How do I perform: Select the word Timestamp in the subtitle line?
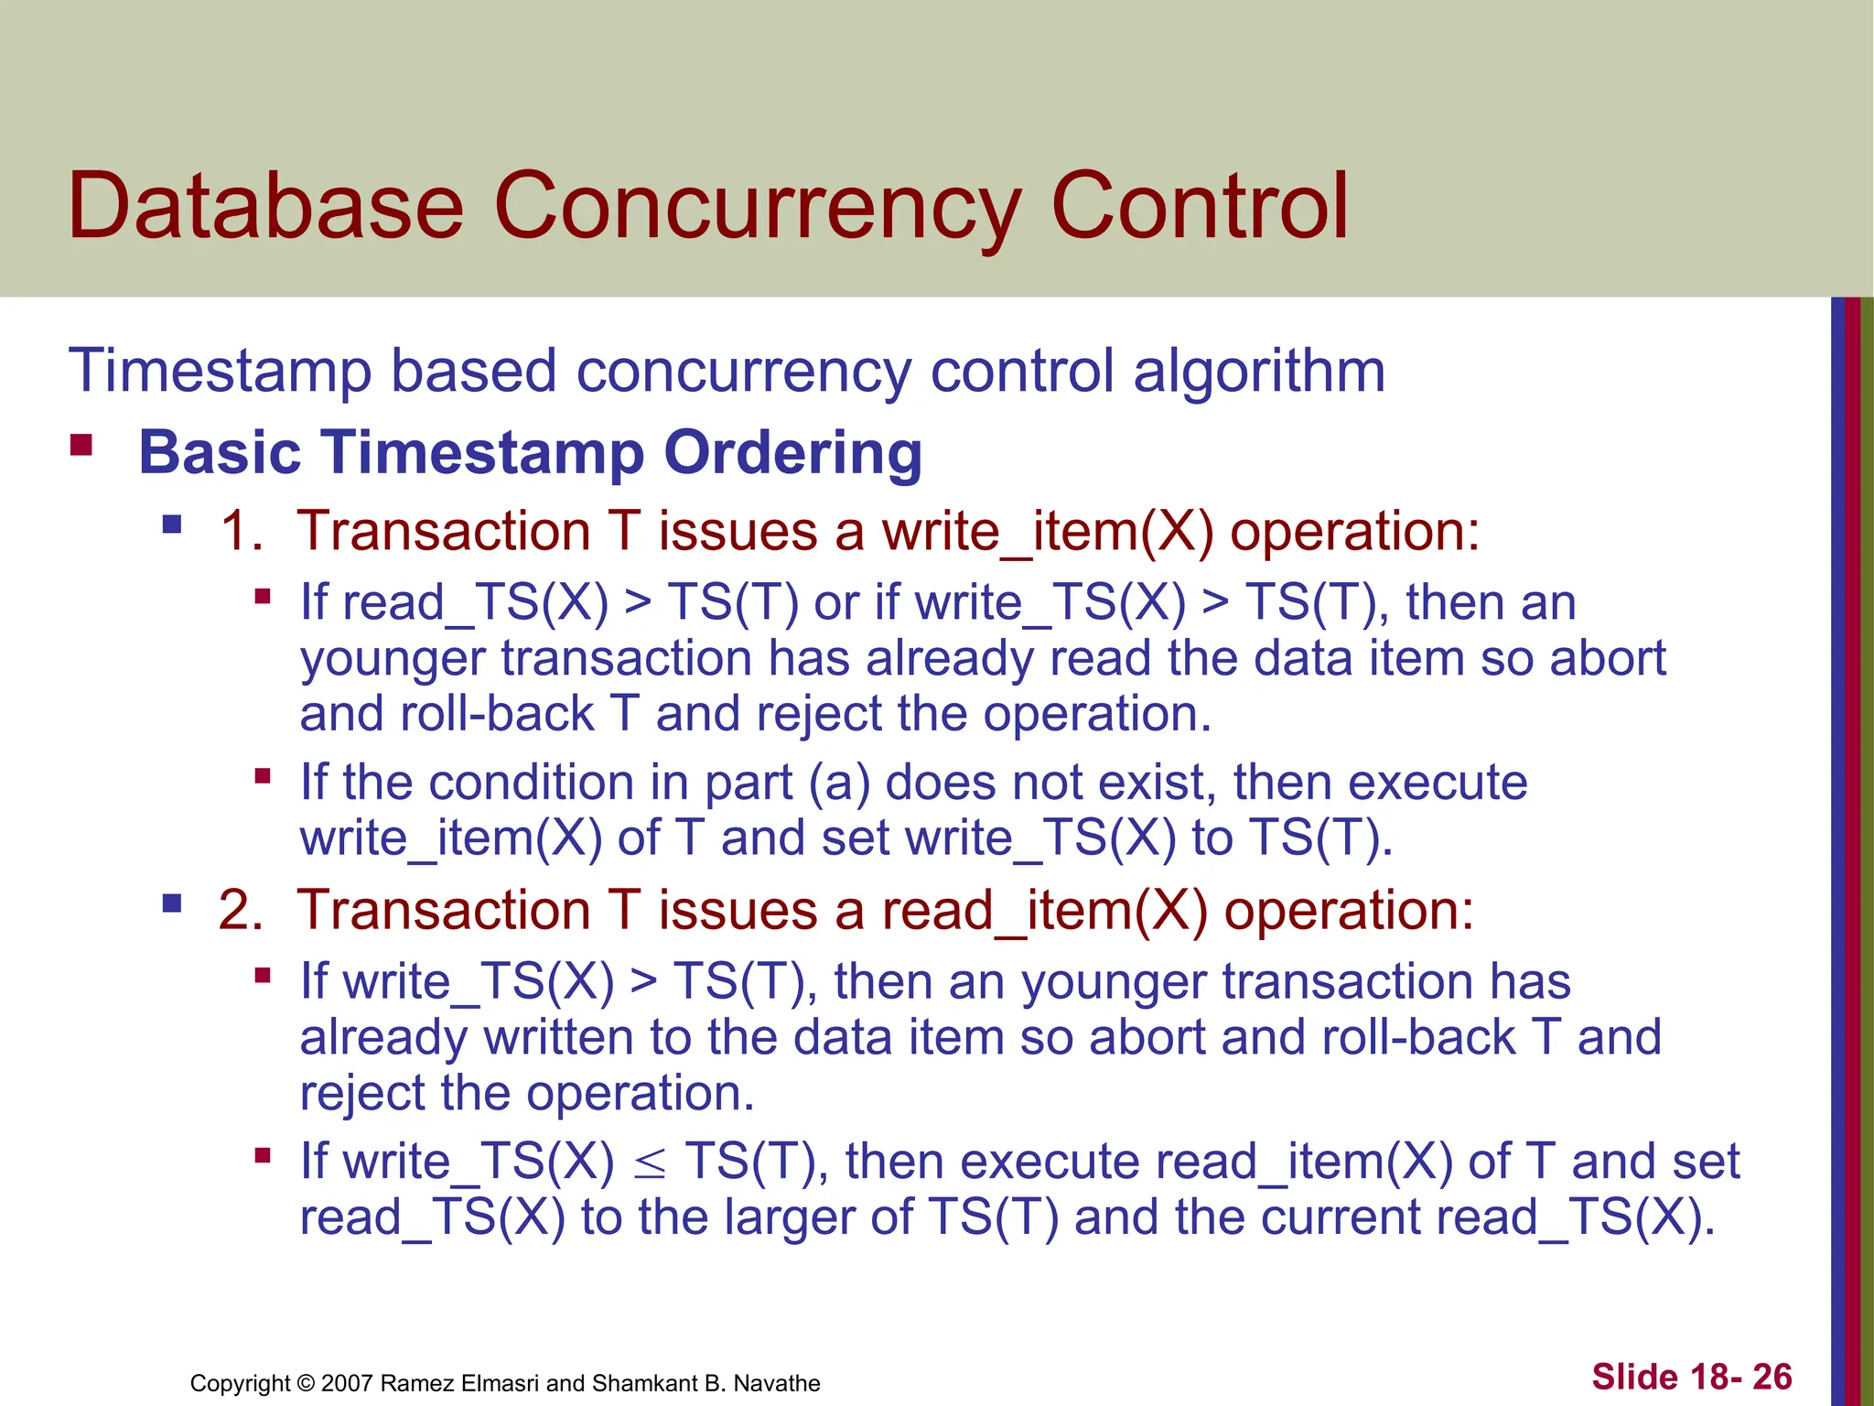pyautogui.click(x=220, y=372)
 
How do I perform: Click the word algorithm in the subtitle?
pyautogui.click(x=1259, y=372)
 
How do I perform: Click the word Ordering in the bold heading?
pyautogui.click(x=792, y=452)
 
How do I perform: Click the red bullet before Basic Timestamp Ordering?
pyautogui.click(x=81, y=447)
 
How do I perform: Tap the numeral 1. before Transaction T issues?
pyautogui.click(x=242, y=531)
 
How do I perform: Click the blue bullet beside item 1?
pyautogui.click(x=171, y=525)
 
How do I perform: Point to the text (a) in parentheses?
pyautogui.click(x=839, y=784)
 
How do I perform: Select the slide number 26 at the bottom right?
pyautogui.click(x=1772, y=1377)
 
